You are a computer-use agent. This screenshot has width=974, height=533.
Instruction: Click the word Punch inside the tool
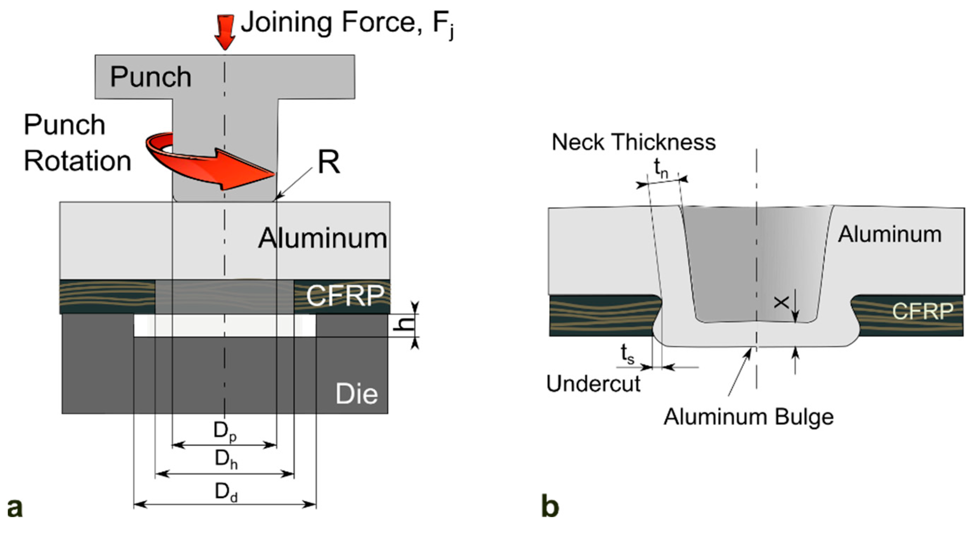(x=151, y=77)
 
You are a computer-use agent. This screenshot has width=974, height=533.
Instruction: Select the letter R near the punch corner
(x=328, y=163)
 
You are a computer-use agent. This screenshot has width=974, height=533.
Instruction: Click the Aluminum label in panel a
(x=322, y=238)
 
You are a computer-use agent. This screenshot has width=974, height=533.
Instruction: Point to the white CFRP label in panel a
(x=345, y=296)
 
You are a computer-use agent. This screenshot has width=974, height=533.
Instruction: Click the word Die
(x=356, y=394)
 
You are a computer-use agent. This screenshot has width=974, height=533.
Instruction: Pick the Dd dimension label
(x=226, y=493)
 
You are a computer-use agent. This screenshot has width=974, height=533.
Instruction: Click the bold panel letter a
(x=14, y=508)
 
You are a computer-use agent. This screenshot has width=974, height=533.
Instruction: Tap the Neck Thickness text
(x=633, y=142)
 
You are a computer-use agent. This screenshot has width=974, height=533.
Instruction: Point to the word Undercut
(x=593, y=384)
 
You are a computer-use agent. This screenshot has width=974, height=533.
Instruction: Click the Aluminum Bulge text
(x=749, y=417)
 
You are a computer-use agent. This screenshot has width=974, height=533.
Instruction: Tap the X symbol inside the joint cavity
(x=781, y=303)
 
